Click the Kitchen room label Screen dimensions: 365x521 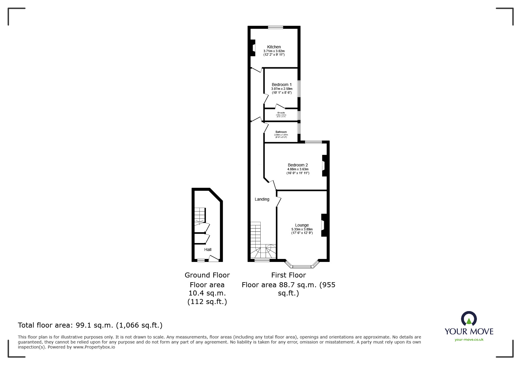274,47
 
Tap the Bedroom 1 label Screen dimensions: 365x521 282,85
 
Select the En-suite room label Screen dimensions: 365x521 281,113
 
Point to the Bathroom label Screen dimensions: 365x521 281,132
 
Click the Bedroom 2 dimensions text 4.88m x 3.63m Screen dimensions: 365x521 298,169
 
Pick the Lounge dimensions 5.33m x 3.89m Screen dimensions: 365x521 302,229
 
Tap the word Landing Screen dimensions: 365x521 262,199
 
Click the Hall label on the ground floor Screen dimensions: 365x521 208,250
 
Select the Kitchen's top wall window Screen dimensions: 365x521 275,27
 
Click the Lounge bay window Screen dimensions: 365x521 302,266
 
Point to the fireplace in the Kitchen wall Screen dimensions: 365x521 252,48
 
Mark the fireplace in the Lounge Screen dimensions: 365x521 324,225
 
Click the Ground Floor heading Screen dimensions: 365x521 207,275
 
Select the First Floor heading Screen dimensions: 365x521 288,275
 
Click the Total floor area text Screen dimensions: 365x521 90,325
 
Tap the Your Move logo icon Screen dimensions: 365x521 469,319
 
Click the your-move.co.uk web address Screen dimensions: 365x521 469,340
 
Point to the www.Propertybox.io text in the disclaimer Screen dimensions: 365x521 94,347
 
